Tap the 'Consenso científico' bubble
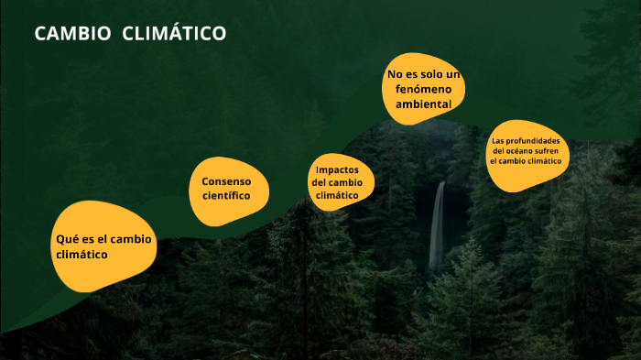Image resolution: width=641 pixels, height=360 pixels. [x=230, y=191]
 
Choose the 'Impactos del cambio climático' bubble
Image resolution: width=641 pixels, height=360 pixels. [x=340, y=182]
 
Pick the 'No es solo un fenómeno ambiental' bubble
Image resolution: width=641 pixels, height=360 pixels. [x=423, y=89]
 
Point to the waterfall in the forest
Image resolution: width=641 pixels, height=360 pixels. [x=438, y=224]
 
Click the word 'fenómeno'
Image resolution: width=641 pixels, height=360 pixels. [x=423, y=89]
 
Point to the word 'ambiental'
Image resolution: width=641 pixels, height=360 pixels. [x=423, y=104]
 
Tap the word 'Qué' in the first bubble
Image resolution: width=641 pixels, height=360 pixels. [x=65, y=238]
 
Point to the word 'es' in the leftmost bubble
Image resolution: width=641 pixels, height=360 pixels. [x=85, y=238]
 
